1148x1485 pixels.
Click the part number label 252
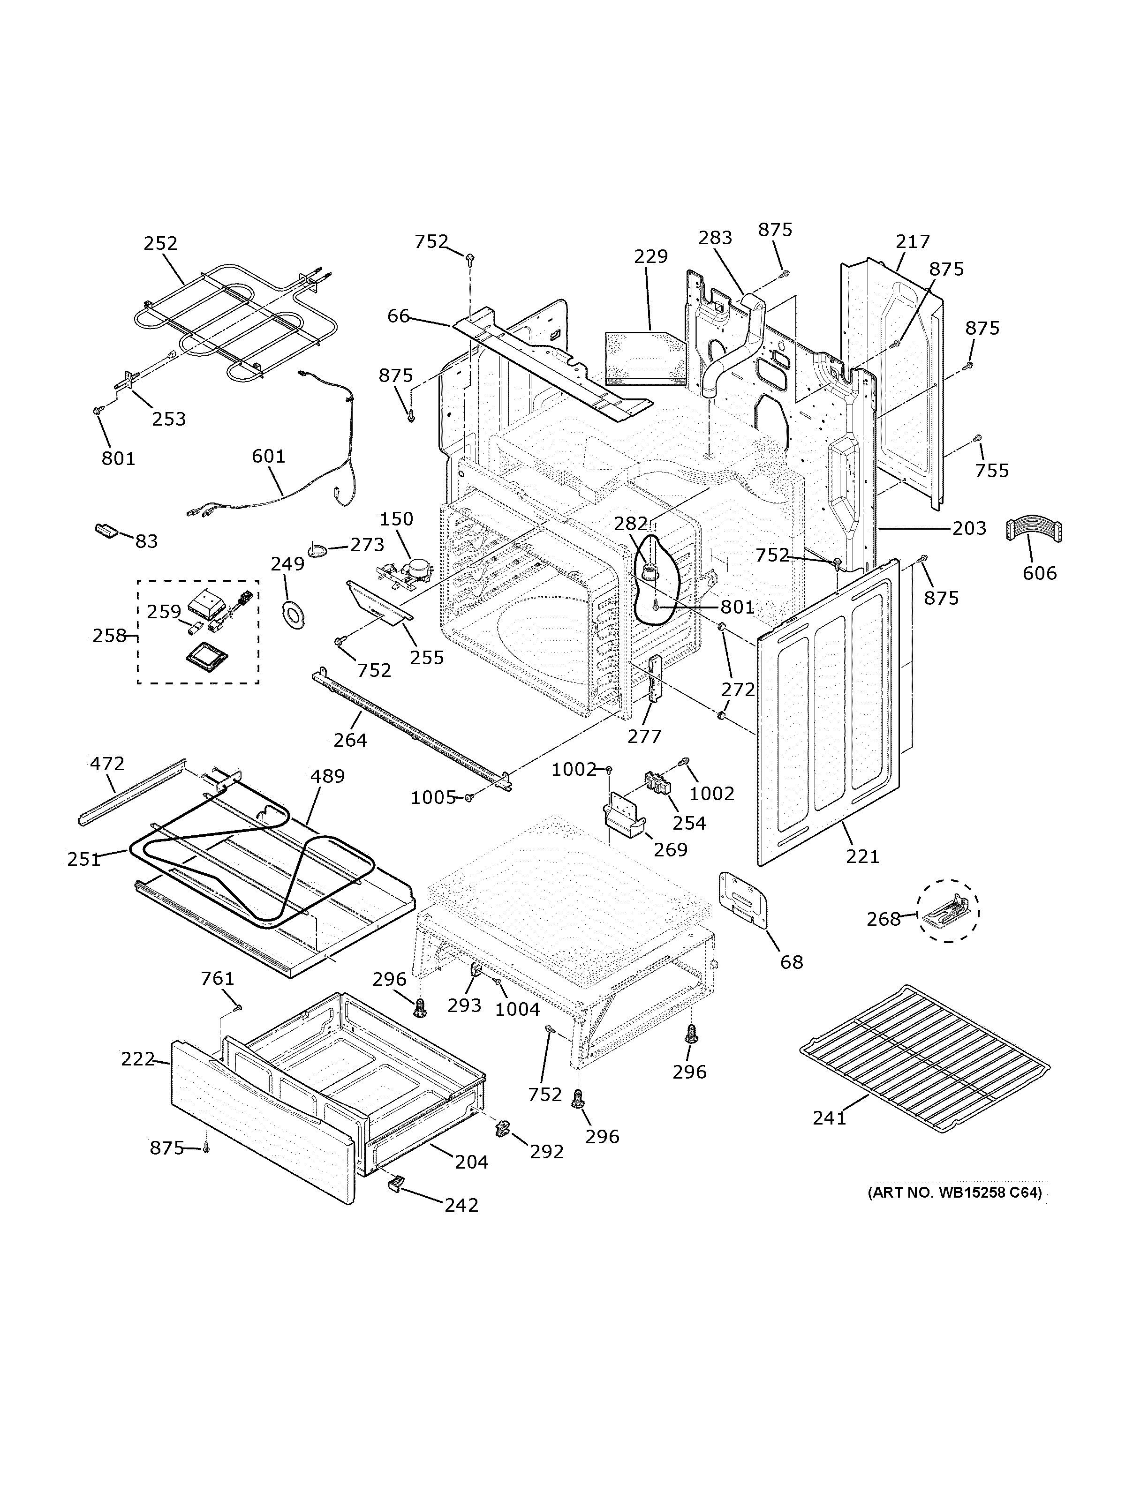pos(160,243)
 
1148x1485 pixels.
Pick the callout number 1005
pos(432,797)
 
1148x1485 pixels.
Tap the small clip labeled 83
pos(106,530)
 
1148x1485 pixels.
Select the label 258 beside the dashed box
pos(109,636)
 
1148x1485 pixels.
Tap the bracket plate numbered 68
pos(743,900)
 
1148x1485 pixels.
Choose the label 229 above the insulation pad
pos(651,256)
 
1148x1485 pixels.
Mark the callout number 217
pos(913,241)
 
